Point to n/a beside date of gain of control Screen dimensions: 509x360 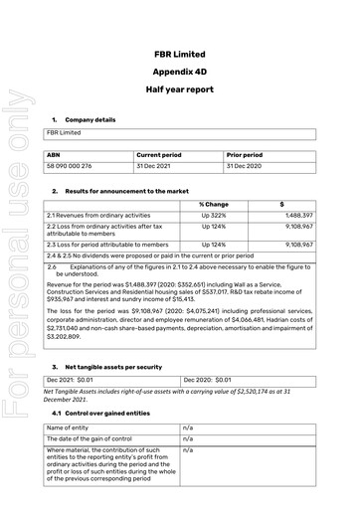[x=189, y=439]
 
